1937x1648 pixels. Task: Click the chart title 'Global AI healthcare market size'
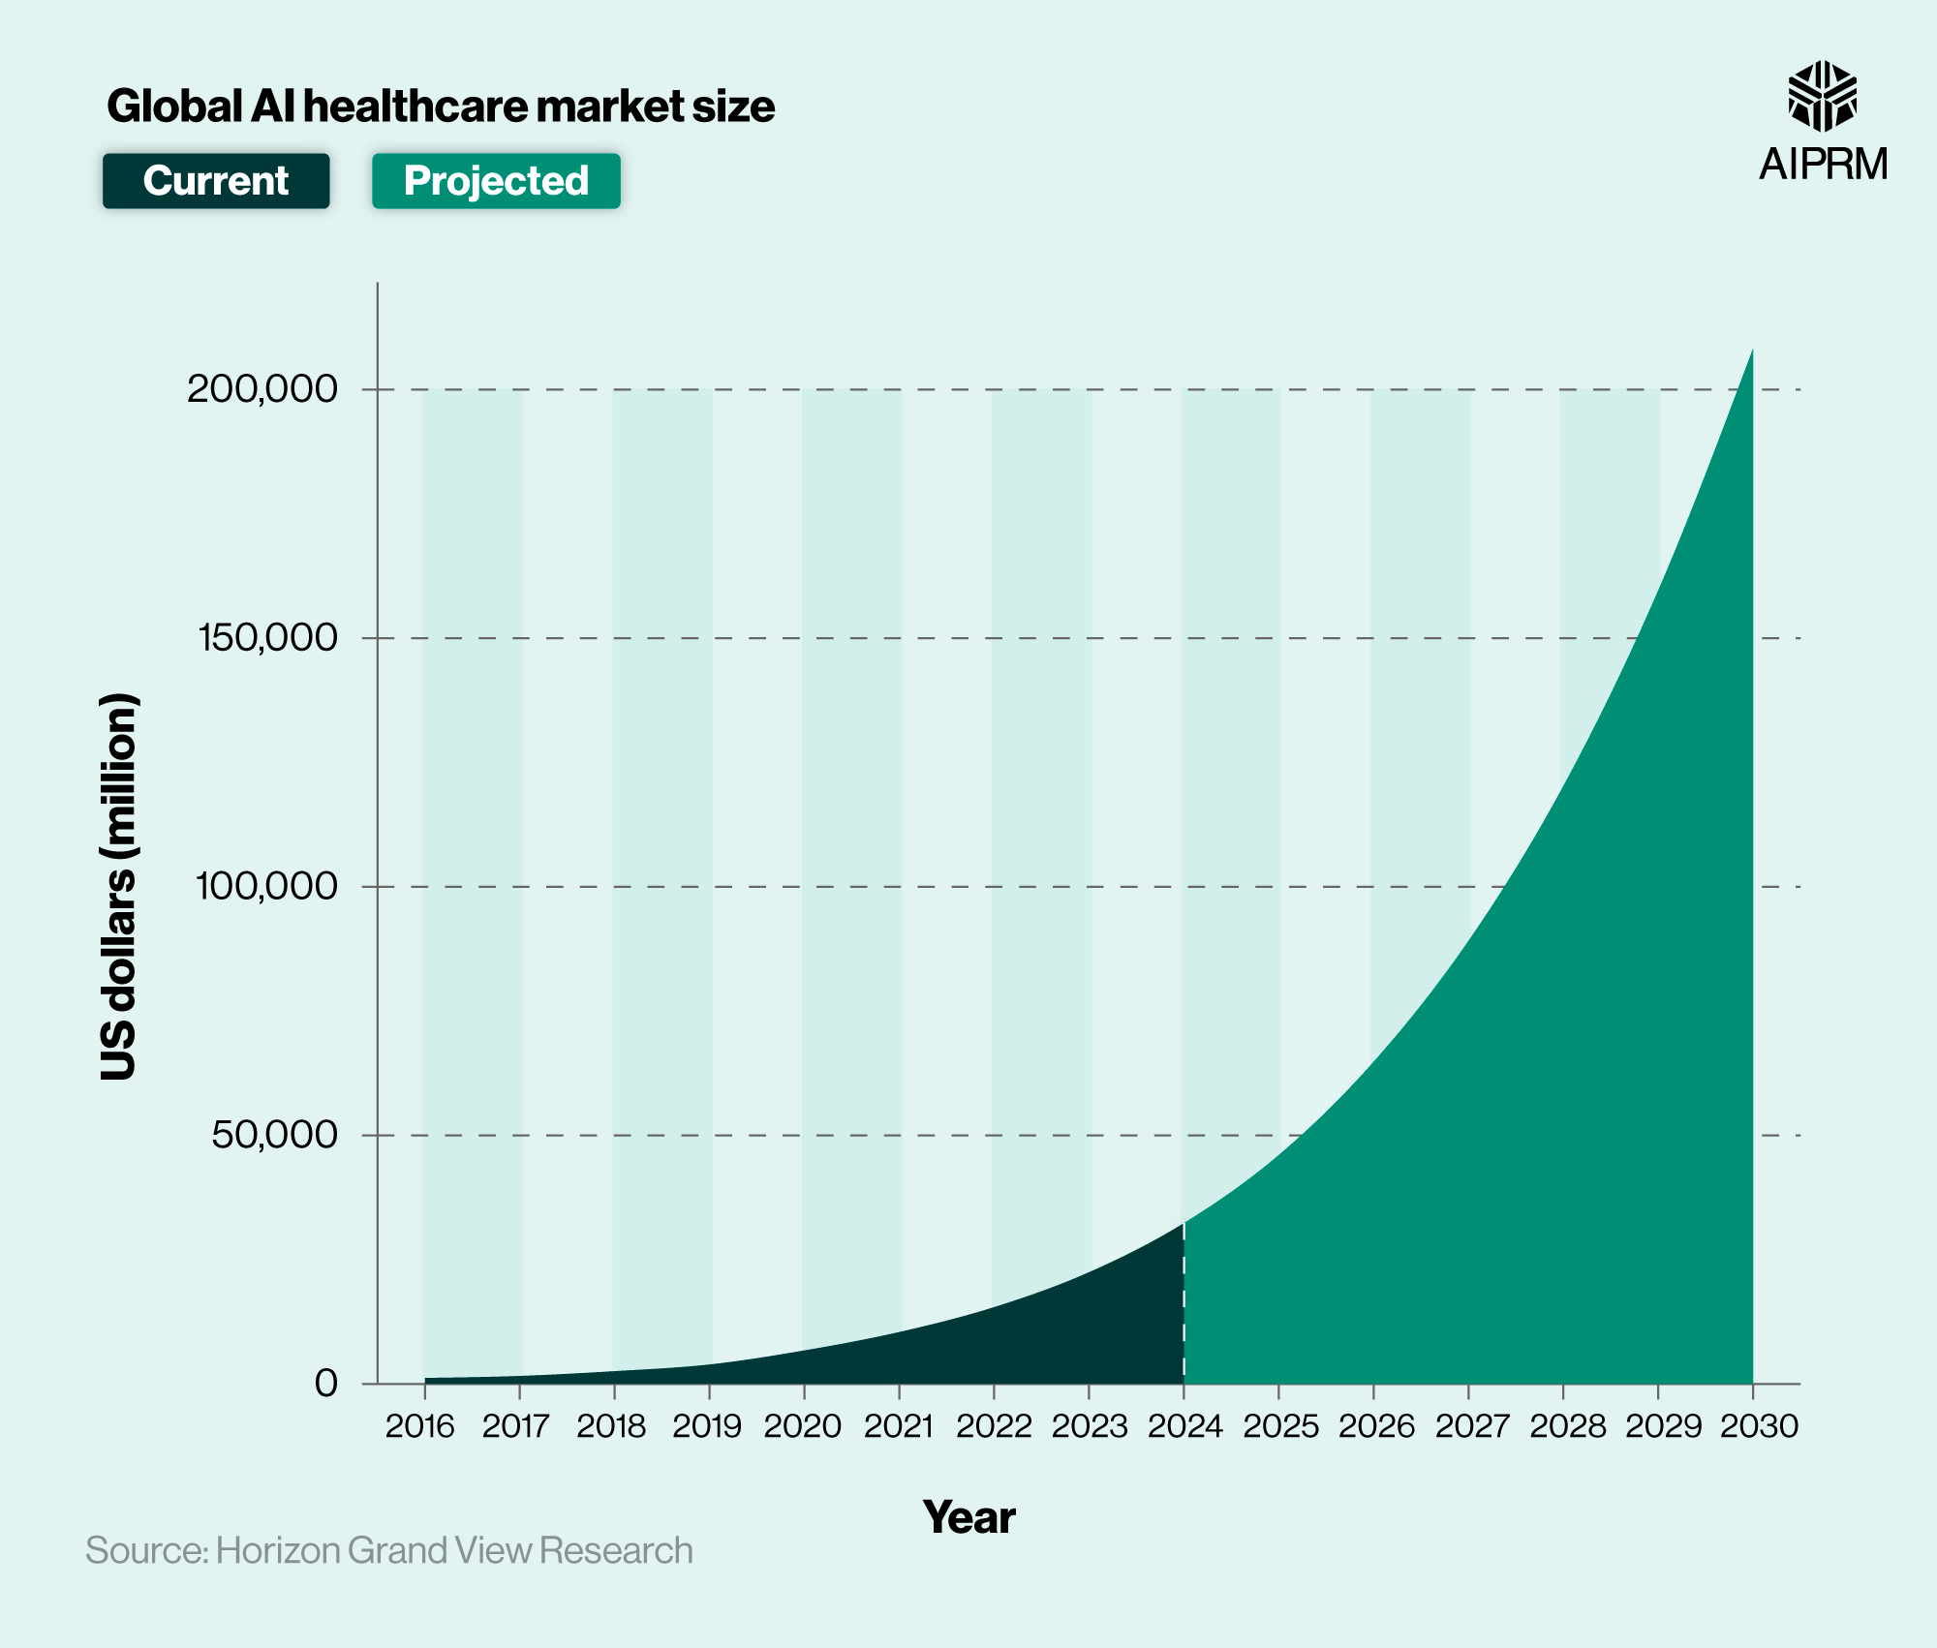(x=441, y=107)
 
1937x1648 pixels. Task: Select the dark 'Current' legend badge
(x=216, y=181)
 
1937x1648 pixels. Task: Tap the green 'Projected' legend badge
(x=496, y=181)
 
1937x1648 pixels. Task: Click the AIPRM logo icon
(x=1822, y=96)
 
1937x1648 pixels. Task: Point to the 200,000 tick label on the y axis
(x=262, y=389)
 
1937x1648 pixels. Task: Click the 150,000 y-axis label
(x=268, y=637)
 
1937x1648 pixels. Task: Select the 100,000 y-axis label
(x=267, y=886)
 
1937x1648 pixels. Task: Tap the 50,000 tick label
(x=274, y=1134)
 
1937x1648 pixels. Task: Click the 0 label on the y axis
(x=326, y=1383)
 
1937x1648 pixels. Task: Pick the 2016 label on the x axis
(x=420, y=1426)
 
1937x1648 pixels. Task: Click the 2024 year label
(x=1184, y=1426)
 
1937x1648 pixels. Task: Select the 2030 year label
(x=1759, y=1426)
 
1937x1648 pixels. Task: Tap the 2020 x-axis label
(x=802, y=1426)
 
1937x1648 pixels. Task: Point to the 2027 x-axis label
(x=1471, y=1426)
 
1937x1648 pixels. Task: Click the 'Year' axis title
(x=968, y=1517)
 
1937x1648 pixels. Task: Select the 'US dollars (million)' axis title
(x=119, y=886)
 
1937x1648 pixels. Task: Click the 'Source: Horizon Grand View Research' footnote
(x=389, y=1550)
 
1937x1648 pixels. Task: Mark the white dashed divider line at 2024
(x=1184, y=1307)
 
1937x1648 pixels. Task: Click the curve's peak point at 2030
(x=1751, y=351)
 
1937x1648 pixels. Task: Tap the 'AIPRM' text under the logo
(x=1823, y=165)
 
